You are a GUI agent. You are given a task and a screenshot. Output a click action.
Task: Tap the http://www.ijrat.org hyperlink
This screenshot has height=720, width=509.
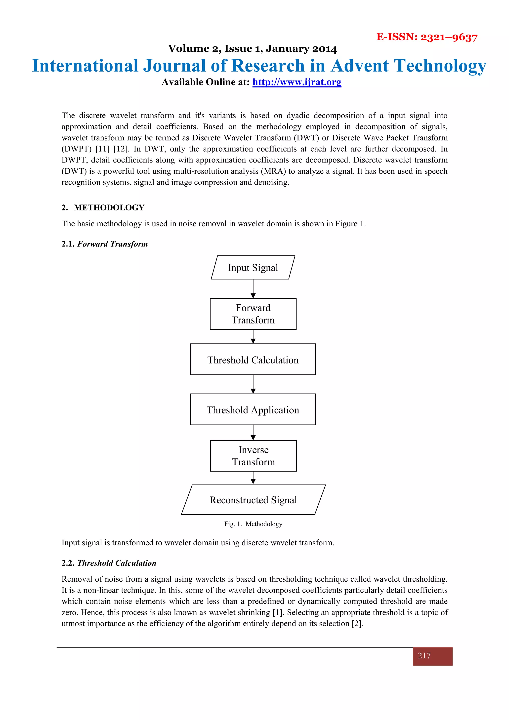click(x=297, y=82)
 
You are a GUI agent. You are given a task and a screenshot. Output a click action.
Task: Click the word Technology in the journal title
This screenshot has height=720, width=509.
click(x=440, y=66)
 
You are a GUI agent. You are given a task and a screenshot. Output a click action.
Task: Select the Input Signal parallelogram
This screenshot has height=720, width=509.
click(x=253, y=268)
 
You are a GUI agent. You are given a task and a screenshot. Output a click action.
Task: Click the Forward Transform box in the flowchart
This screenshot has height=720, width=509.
click(x=253, y=314)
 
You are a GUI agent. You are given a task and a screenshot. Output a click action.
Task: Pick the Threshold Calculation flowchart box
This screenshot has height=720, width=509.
click(x=253, y=359)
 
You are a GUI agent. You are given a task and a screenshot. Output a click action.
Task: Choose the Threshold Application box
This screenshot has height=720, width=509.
click(x=253, y=409)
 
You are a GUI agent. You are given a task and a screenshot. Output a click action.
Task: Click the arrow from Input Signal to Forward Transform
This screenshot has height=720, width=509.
click(x=253, y=289)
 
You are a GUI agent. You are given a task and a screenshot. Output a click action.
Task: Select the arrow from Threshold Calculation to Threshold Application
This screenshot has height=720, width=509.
click(x=253, y=384)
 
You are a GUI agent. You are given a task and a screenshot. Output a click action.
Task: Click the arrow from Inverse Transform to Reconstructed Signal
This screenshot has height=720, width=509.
click(x=253, y=478)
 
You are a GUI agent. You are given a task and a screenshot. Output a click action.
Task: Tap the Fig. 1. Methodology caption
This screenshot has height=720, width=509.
click(x=253, y=524)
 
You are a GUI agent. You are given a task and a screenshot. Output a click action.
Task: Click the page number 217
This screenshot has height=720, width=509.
click(x=424, y=655)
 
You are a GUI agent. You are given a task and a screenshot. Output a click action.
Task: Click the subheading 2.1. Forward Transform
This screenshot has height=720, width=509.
click(x=104, y=244)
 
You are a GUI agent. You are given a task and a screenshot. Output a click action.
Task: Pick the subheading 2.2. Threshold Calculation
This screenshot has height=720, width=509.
click(x=109, y=563)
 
